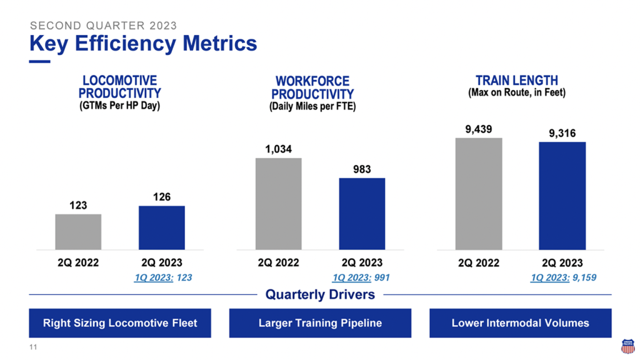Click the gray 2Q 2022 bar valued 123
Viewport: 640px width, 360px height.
click(x=78, y=231)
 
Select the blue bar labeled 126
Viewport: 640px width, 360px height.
click(x=162, y=227)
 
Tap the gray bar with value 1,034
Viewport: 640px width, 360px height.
click(x=278, y=203)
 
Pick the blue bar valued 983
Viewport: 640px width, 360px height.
click(x=362, y=213)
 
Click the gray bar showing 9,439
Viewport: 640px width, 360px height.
click(x=479, y=194)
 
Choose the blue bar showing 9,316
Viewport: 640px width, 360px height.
click(x=562, y=196)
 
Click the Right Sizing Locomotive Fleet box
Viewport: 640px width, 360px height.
click(x=120, y=323)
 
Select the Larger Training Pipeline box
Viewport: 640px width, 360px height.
click(x=320, y=323)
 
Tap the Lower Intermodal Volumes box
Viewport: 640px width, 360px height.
click(x=520, y=323)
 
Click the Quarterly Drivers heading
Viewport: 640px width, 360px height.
click(x=320, y=294)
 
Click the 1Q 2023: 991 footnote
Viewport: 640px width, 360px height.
click(x=361, y=277)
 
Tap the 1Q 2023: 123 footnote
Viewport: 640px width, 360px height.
click(x=163, y=277)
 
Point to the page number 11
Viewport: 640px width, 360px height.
click(x=33, y=347)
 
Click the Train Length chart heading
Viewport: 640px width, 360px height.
click(x=516, y=81)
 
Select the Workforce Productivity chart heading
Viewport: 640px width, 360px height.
click(x=312, y=88)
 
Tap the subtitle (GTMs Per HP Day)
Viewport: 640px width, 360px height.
click(x=119, y=106)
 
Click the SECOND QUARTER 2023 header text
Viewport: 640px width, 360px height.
click(x=103, y=26)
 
